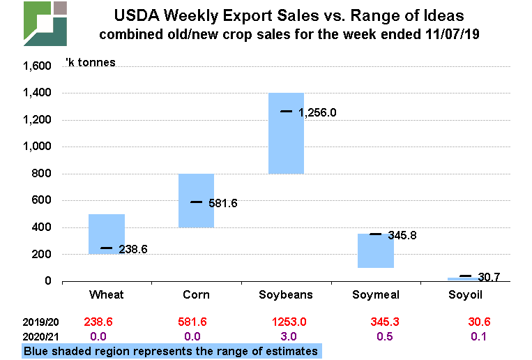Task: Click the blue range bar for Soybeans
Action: pyautogui.click(x=286, y=133)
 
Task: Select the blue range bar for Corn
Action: pyautogui.click(x=196, y=200)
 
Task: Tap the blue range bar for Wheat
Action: pyautogui.click(x=107, y=234)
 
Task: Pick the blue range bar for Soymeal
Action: pyautogui.click(x=376, y=250)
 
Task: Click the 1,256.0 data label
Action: pyautogui.click(x=318, y=112)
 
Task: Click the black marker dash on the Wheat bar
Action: pyautogui.click(x=107, y=248)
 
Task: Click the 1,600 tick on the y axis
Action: pyautogui.click(x=38, y=66)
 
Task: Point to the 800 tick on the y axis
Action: pyautogui.click(x=44, y=174)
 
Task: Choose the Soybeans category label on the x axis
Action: pyautogui.click(x=287, y=294)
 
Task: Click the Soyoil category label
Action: pyautogui.click(x=466, y=294)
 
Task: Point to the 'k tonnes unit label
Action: pyautogui.click(x=91, y=62)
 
